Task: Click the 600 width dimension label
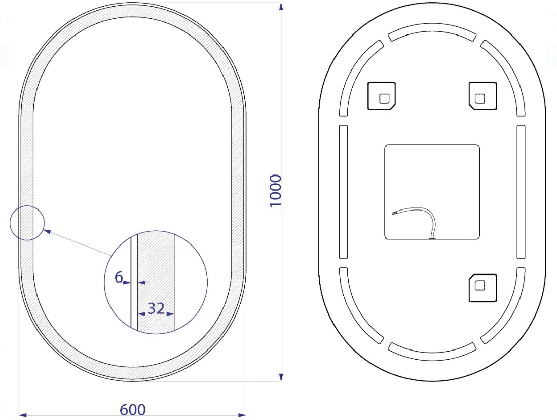coord(133,410)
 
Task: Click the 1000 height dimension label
coord(276,190)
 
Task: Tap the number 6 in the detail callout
coord(119,276)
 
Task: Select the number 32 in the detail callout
coord(156,308)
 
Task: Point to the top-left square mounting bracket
coord(382,96)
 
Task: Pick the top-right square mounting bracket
coord(482,96)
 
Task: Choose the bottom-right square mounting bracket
coord(482,288)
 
